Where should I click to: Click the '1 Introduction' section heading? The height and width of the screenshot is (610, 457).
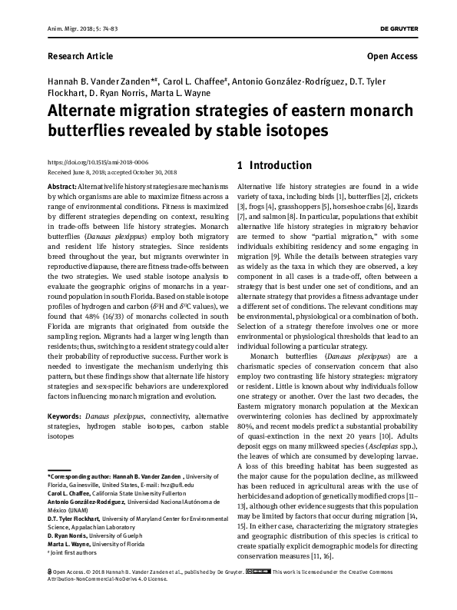click(274, 165)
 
